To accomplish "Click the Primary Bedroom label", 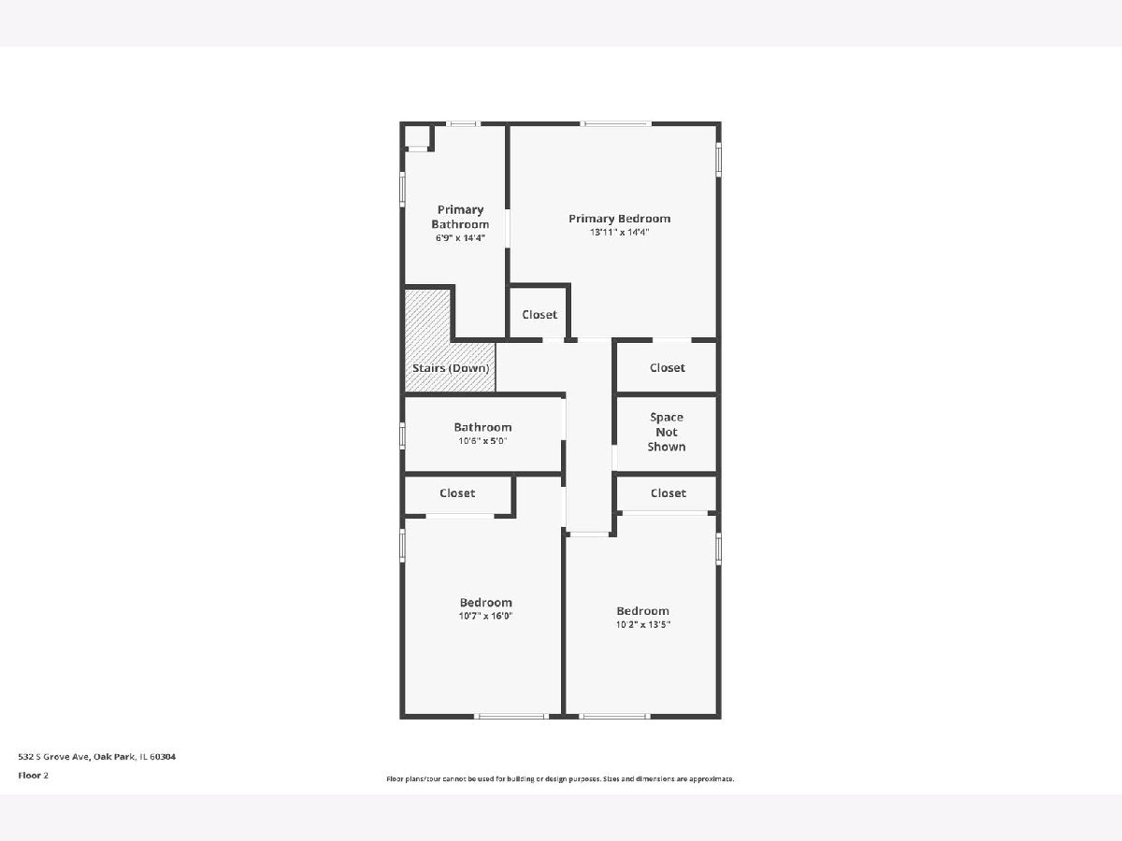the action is click(x=620, y=219).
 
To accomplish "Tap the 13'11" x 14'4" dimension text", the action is click(x=620, y=233).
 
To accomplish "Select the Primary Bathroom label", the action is click(x=460, y=217).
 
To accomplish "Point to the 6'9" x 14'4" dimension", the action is click(x=460, y=238).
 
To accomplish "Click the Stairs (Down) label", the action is click(x=451, y=368).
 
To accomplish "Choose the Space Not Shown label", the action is click(x=666, y=432).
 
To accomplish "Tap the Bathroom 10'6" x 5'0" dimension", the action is click(x=482, y=441).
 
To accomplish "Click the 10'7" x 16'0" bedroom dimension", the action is click(x=485, y=616).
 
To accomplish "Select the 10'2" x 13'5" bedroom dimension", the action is click(x=643, y=624).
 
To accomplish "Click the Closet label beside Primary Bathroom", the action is click(x=539, y=315).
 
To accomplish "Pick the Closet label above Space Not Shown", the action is click(x=667, y=367).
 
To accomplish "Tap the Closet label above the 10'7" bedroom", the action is click(x=457, y=493).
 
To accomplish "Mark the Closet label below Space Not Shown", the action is click(x=669, y=493).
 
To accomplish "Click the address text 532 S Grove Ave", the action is click(x=54, y=757).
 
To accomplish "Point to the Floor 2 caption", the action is click(x=34, y=776).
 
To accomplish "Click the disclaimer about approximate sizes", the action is click(x=560, y=778).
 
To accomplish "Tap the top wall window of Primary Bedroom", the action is click(x=616, y=123).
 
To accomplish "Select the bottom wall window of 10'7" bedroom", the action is click(x=511, y=717).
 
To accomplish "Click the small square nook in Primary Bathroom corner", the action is click(x=418, y=135).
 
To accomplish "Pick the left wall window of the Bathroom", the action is click(x=402, y=435).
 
